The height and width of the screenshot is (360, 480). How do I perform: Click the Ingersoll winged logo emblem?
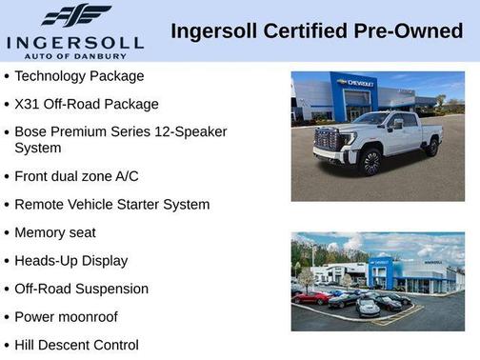75,16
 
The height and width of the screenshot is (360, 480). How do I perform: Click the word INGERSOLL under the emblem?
74,42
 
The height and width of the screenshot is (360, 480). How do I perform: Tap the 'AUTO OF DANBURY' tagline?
74,56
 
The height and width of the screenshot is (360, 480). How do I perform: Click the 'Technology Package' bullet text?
79,76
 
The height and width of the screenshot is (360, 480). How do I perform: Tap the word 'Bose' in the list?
32,131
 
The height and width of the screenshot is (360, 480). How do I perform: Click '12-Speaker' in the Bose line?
190,131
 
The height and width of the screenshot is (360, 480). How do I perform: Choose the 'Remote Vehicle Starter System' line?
111,204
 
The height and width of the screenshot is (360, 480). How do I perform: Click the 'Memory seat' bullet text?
55,232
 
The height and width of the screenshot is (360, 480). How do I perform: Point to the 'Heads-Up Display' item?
70,260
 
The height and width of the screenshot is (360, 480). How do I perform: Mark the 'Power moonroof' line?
66,316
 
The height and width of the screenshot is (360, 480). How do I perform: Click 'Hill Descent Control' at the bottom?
76,345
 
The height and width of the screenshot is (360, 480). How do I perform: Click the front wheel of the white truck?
370,161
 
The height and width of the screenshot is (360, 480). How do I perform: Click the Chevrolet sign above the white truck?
355,83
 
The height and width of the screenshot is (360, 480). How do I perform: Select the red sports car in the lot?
311,297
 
